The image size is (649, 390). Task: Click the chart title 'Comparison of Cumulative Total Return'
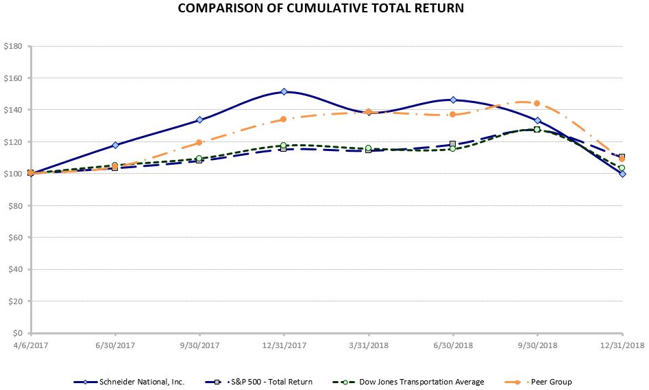click(321, 9)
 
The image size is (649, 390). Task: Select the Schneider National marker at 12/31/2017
click(284, 92)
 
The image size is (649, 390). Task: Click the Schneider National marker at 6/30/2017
click(114, 145)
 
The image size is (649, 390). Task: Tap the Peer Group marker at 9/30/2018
click(537, 104)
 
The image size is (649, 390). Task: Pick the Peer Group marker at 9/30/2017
click(199, 143)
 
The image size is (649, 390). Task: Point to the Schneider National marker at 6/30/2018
click(452, 100)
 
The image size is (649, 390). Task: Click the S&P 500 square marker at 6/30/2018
click(452, 144)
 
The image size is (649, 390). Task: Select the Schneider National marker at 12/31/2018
click(622, 174)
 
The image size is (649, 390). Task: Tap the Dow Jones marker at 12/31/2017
click(284, 146)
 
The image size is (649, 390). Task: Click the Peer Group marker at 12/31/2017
click(284, 119)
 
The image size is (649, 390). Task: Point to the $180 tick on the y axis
click(14, 47)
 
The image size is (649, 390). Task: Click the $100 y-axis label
click(14, 174)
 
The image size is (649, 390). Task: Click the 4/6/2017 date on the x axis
click(30, 345)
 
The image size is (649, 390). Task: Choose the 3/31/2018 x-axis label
click(368, 345)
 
